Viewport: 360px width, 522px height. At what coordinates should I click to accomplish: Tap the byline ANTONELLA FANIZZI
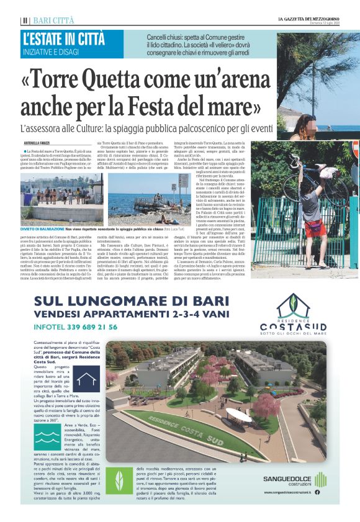[x=38, y=145]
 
